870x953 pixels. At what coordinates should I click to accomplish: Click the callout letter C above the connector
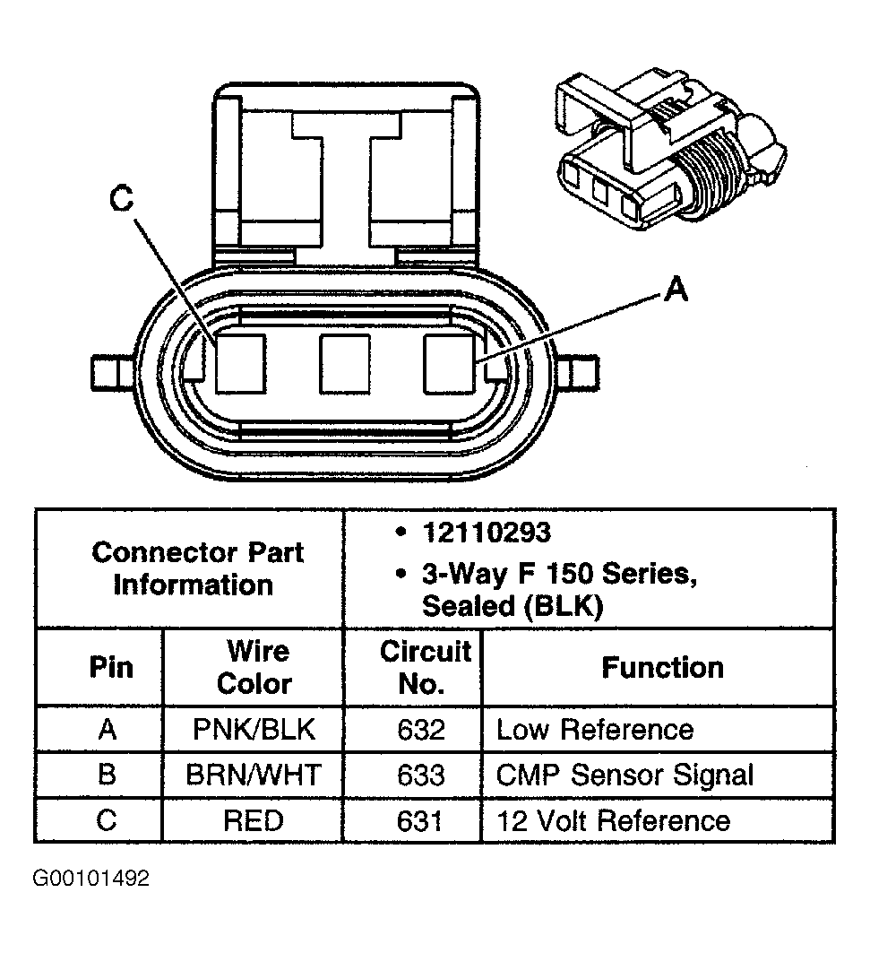tap(122, 200)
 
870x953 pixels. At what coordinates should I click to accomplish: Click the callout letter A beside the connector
tap(676, 290)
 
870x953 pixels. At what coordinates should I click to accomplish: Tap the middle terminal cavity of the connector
tap(345, 364)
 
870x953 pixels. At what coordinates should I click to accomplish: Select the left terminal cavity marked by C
tap(241, 364)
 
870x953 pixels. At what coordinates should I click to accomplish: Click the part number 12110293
tap(486, 533)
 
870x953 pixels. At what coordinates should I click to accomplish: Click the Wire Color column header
tap(254, 668)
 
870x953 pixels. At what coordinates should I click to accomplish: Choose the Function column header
tap(662, 668)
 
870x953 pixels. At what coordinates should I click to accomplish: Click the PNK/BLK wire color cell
tap(254, 730)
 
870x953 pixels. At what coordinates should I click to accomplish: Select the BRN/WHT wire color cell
tap(254, 775)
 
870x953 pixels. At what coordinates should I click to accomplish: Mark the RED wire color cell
tap(254, 820)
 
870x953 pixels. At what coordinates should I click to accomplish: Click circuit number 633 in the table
tap(420, 775)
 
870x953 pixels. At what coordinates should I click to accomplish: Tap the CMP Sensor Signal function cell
tap(625, 775)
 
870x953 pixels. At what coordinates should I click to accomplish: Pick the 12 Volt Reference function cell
tap(613, 820)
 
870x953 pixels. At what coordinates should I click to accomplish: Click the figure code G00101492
tap(90, 879)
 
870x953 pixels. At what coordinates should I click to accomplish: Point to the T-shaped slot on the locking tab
tap(345, 179)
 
